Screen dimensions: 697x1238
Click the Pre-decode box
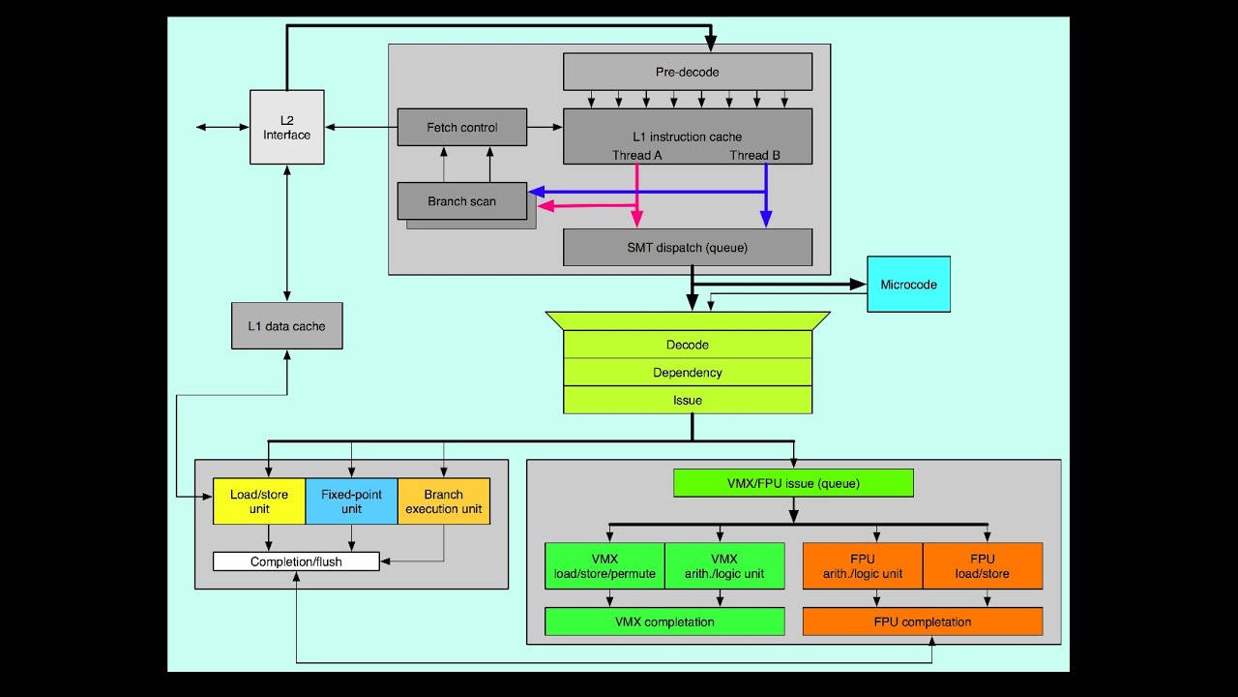pyautogui.click(x=687, y=72)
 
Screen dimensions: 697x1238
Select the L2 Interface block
pyautogui.click(x=287, y=128)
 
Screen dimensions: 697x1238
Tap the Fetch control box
pyautogui.click(x=461, y=127)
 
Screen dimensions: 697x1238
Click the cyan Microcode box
pyautogui.click(x=908, y=285)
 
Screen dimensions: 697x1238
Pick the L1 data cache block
pyautogui.click(x=286, y=326)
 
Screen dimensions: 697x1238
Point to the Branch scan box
pyautogui.click(x=461, y=201)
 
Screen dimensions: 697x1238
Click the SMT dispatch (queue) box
pyautogui.click(x=687, y=247)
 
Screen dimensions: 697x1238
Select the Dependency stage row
pyautogui.click(x=687, y=373)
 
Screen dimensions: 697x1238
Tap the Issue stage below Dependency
pyautogui.click(x=687, y=400)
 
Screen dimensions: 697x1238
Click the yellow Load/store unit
pyautogui.click(x=258, y=501)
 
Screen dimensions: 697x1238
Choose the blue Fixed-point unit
pyautogui.click(x=351, y=501)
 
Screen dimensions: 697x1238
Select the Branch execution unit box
pyautogui.click(x=444, y=501)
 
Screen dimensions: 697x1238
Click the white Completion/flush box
pyautogui.click(x=296, y=561)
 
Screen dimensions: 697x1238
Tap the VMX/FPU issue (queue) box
pyautogui.click(x=793, y=483)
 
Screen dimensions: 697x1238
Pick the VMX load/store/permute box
pyautogui.click(x=604, y=566)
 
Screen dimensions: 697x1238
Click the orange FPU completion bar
pyautogui.click(x=923, y=621)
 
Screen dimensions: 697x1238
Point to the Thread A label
pyautogui.click(x=636, y=155)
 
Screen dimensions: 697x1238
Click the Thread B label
pyautogui.click(x=754, y=155)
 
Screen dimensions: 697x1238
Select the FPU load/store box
pyautogui.click(x=983, y=566)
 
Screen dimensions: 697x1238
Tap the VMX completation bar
pyautogui.click(x=664, y=621)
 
